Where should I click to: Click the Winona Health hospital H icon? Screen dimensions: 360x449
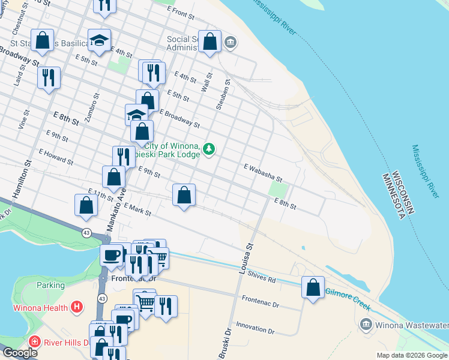pos(76,308)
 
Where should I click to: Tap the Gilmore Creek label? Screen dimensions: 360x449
pos(348,298)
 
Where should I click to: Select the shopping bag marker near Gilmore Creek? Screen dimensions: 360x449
pos(313,288)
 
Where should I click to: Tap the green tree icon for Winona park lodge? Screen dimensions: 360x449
pos(208,148)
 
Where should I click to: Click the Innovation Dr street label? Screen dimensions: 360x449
pos(255,328)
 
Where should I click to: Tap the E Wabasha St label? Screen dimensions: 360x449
pos(262,172)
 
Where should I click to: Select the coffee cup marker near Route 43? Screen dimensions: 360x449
pos(112,255)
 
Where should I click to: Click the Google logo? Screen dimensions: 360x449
pos(19,353)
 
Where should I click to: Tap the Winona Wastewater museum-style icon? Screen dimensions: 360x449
pos(365,325)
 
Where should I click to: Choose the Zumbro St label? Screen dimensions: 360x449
pos(92,107)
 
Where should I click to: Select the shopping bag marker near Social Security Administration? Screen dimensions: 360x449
pos(209,42)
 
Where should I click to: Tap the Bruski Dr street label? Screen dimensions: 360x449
pos(224,343)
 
